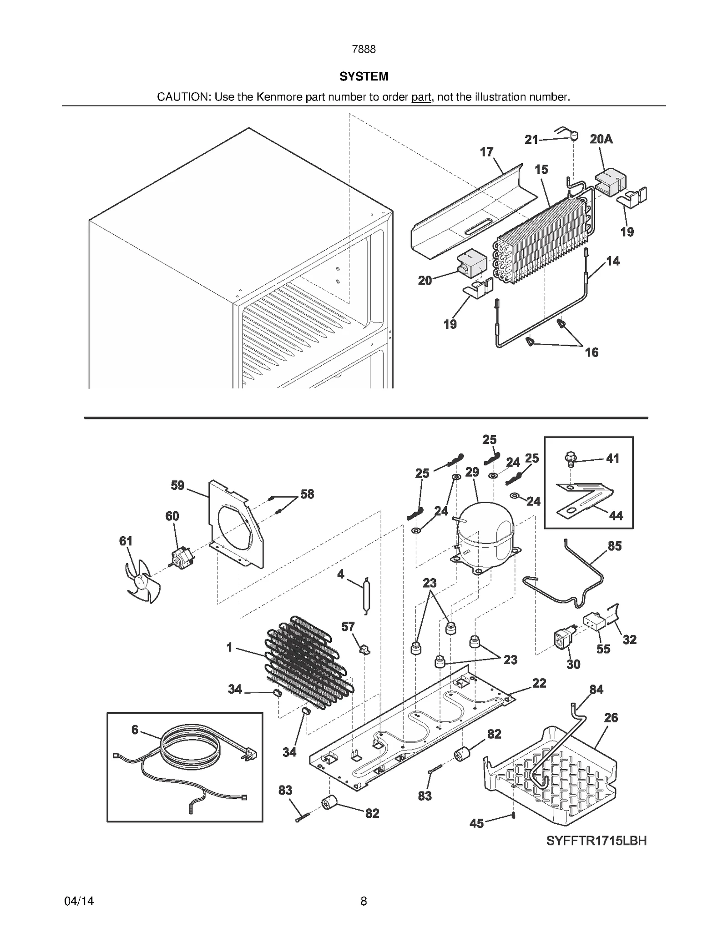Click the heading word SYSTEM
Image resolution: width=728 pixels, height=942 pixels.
[364, 76]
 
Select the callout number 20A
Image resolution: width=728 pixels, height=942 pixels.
[601, 139]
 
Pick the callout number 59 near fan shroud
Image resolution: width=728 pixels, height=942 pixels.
[177, 485]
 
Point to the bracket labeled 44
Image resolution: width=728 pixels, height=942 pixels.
[585, 500]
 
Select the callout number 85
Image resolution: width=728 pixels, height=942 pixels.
[614, 546]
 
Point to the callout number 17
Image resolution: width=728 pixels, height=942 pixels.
[486, 152]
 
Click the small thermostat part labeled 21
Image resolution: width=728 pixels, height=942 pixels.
[574, 135]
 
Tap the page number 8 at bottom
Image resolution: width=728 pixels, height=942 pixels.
[364, 901]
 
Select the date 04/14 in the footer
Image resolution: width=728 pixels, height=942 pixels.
[79, 901]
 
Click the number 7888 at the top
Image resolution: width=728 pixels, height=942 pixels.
[364, 49]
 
